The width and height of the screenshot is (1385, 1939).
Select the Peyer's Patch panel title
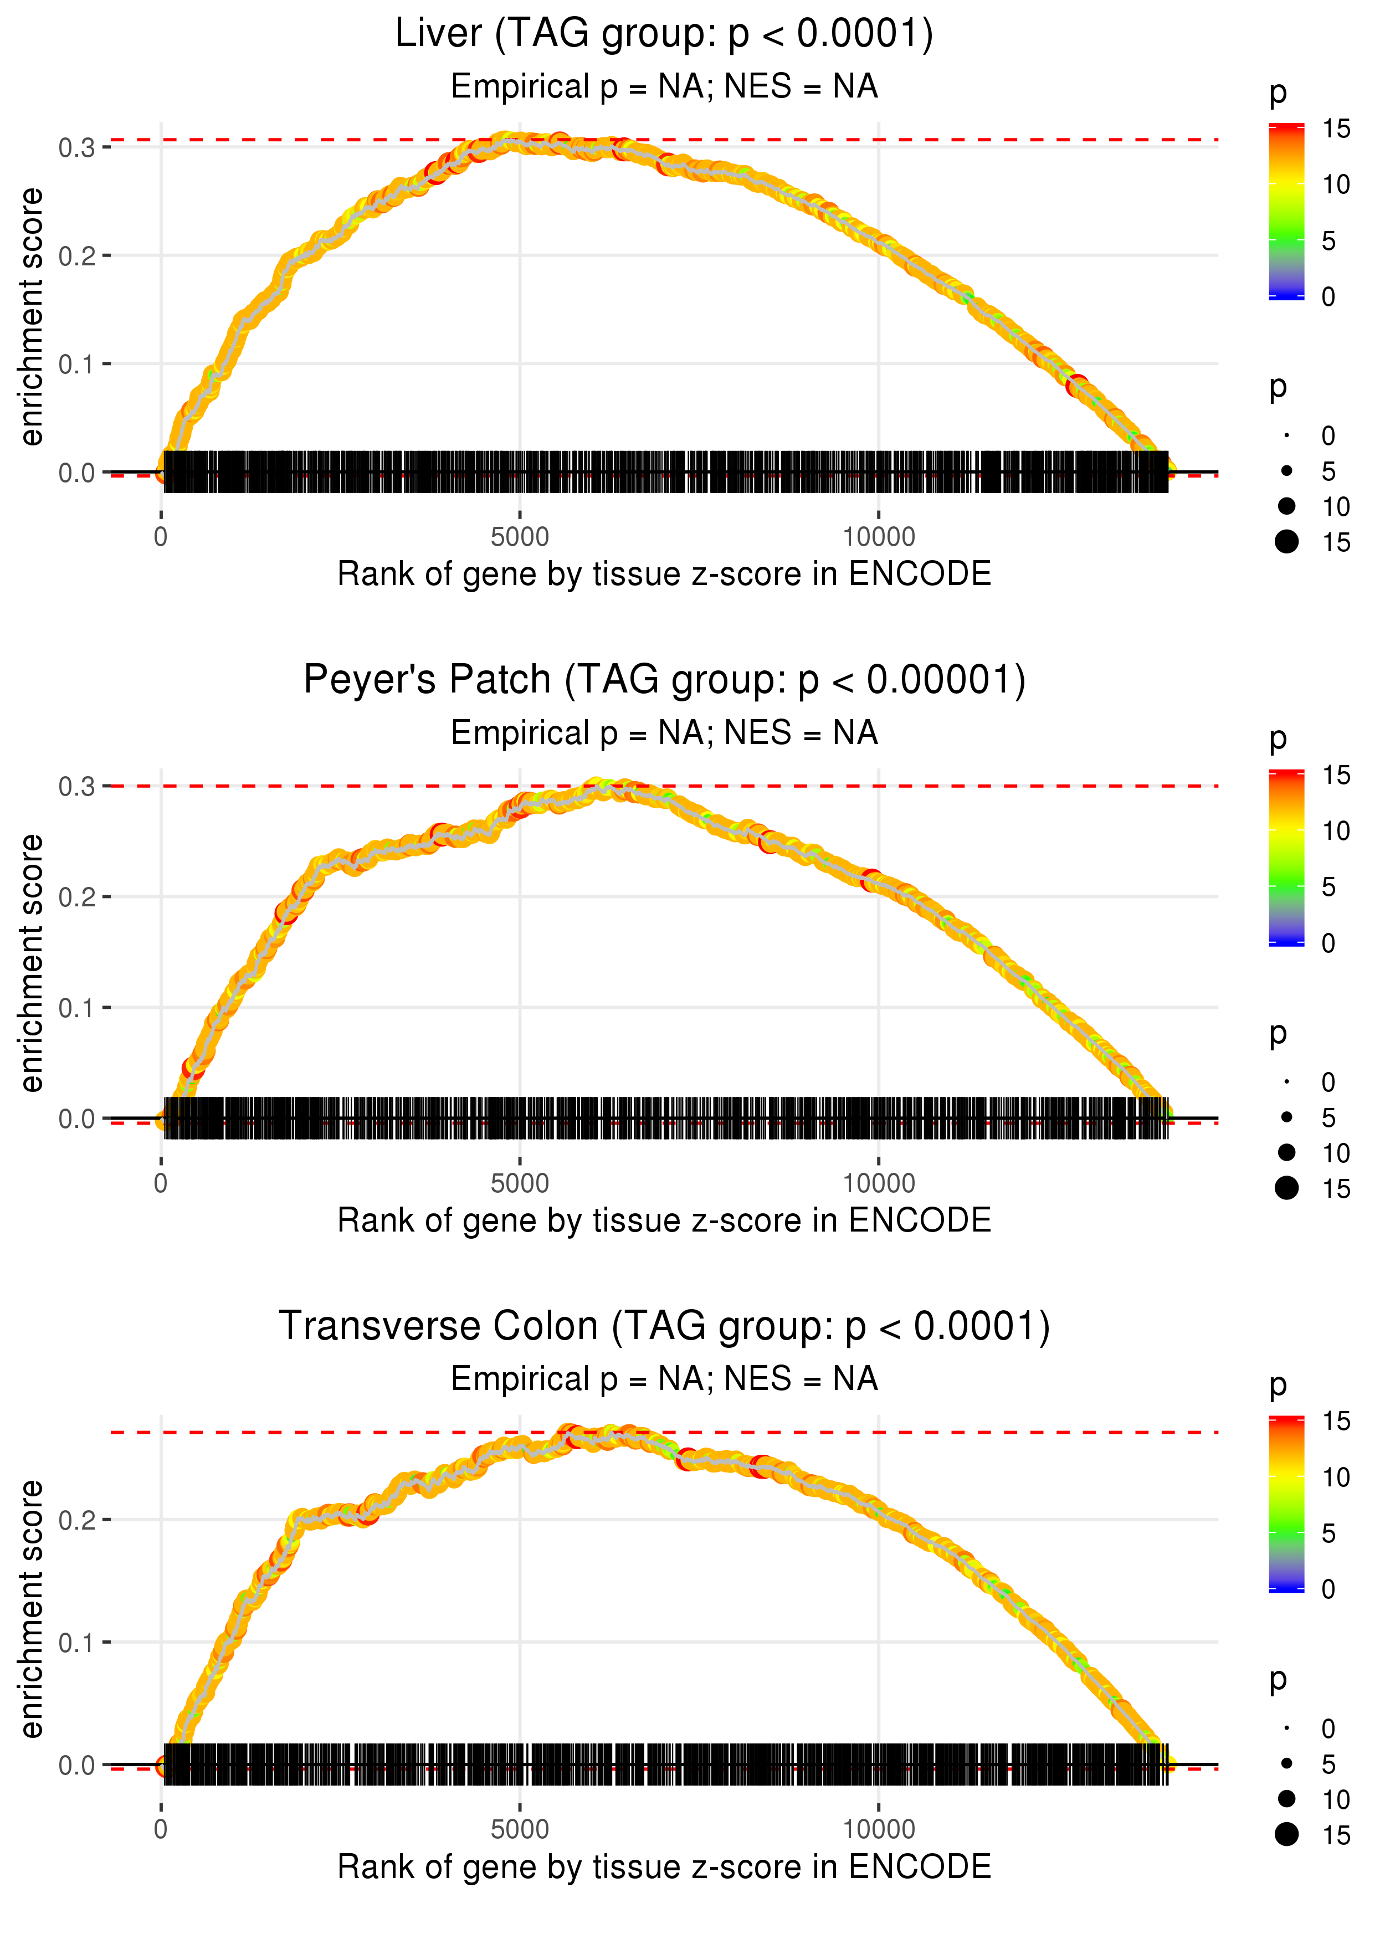(664, 680)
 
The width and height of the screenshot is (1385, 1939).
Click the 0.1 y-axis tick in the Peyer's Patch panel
(77, 1008)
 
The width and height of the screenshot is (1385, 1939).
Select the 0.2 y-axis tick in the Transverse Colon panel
(77, 1520)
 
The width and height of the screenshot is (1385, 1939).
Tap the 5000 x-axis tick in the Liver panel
(520, 537)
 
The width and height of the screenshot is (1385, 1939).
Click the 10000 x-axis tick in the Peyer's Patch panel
(879, 1183)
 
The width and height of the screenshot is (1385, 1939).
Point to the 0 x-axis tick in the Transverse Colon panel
(161, 1830)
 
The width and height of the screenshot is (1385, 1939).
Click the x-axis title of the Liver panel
(664, 574)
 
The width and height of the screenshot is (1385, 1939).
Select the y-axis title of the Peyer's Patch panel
(32, 963)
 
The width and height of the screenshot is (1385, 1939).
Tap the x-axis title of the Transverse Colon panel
(664, 1866)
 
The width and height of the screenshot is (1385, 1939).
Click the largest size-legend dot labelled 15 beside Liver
(1287, 541)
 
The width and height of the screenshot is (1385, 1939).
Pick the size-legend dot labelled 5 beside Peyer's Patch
(1287, 1117)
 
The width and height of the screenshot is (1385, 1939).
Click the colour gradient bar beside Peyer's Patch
(1286, 858)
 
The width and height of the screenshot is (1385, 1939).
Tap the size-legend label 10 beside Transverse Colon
(1336, 1799)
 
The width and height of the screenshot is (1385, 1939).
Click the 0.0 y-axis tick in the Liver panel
(77, 473)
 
